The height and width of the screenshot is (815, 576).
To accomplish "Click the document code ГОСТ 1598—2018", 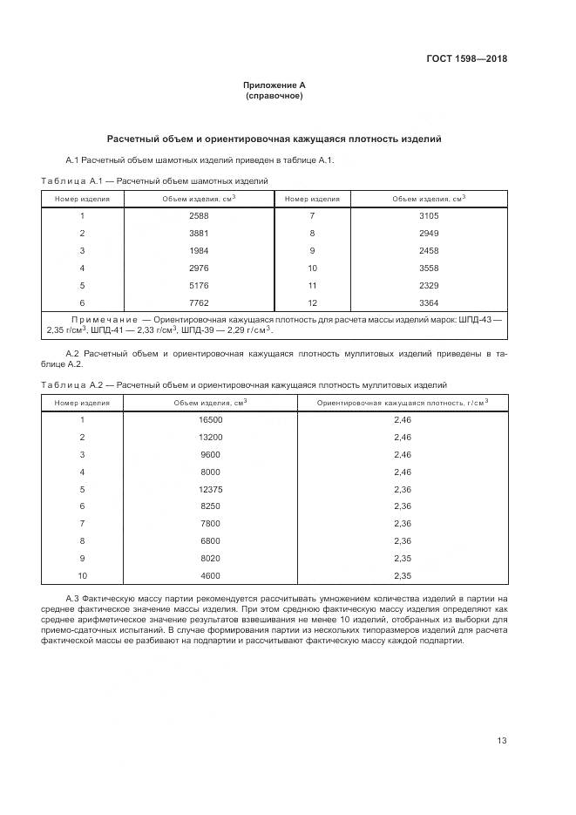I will [x=466, y=59].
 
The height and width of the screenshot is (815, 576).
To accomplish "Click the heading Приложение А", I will [x=274, y=85].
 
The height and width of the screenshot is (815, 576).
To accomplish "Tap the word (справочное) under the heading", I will [x=274, y=96].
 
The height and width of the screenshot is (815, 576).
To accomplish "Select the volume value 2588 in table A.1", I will [x=199, y=215].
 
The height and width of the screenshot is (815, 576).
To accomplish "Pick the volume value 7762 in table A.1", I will [x=199, y=302].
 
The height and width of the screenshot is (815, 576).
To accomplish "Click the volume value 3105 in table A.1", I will [x=429, y=215].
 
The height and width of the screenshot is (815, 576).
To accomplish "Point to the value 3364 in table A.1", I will [x=429, y=302].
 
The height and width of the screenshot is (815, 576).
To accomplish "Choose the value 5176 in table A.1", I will [x=199, y=285].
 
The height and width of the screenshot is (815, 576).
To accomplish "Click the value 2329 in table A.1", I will [x=429, y=285].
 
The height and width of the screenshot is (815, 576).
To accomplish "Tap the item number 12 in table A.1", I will [x=312, y=302].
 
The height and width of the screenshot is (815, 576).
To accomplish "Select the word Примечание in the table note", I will [x=99, y=321].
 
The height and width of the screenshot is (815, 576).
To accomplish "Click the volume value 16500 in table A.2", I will [x=210, y=419].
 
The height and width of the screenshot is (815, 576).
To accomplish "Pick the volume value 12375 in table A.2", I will [x=210, y=489].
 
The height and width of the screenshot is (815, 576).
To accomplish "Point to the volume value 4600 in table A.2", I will [x=210, y=576].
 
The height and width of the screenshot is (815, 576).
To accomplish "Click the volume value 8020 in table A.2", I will [x=210, y=559].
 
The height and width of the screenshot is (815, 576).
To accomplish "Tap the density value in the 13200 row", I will [x=402, y=437].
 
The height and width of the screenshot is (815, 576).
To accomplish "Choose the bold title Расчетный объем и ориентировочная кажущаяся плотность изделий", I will [x=274, y=139].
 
